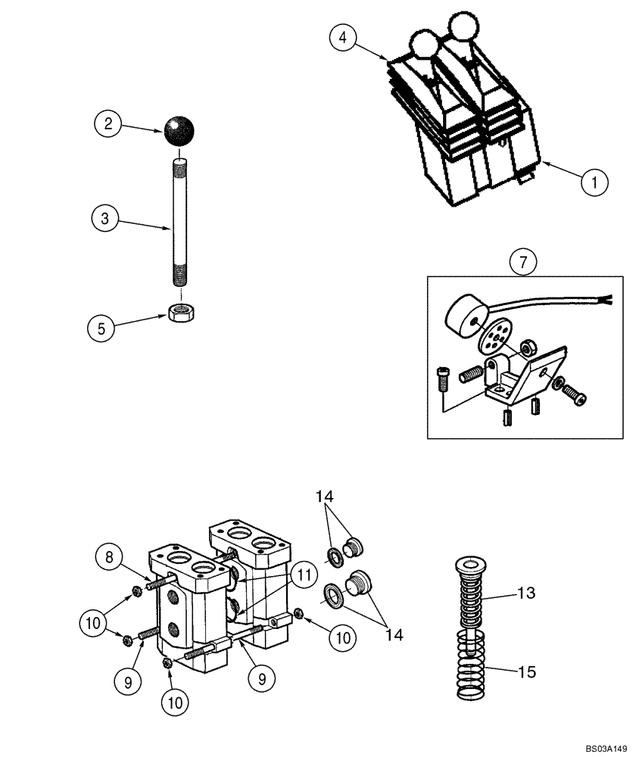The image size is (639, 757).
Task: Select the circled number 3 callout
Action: coord(104,219)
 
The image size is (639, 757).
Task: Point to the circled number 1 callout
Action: coord(595,181)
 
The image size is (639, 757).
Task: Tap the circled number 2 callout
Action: coord(108,123)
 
